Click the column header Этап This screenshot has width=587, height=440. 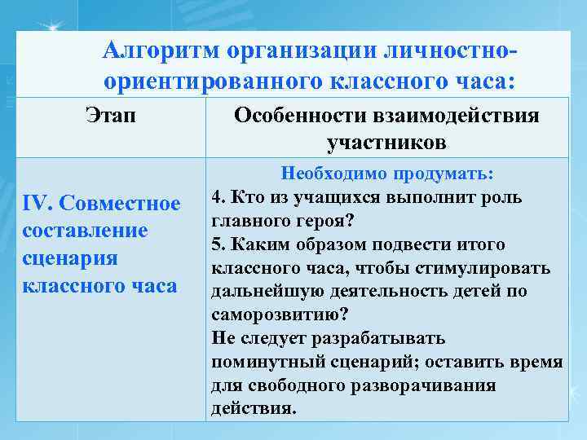coord(110,116)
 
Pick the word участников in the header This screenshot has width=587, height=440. coord(386,144)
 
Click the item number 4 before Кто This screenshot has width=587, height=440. coord(216,198)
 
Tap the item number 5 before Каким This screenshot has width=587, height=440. coord(216,245)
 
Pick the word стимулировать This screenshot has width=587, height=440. coord(492,269)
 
